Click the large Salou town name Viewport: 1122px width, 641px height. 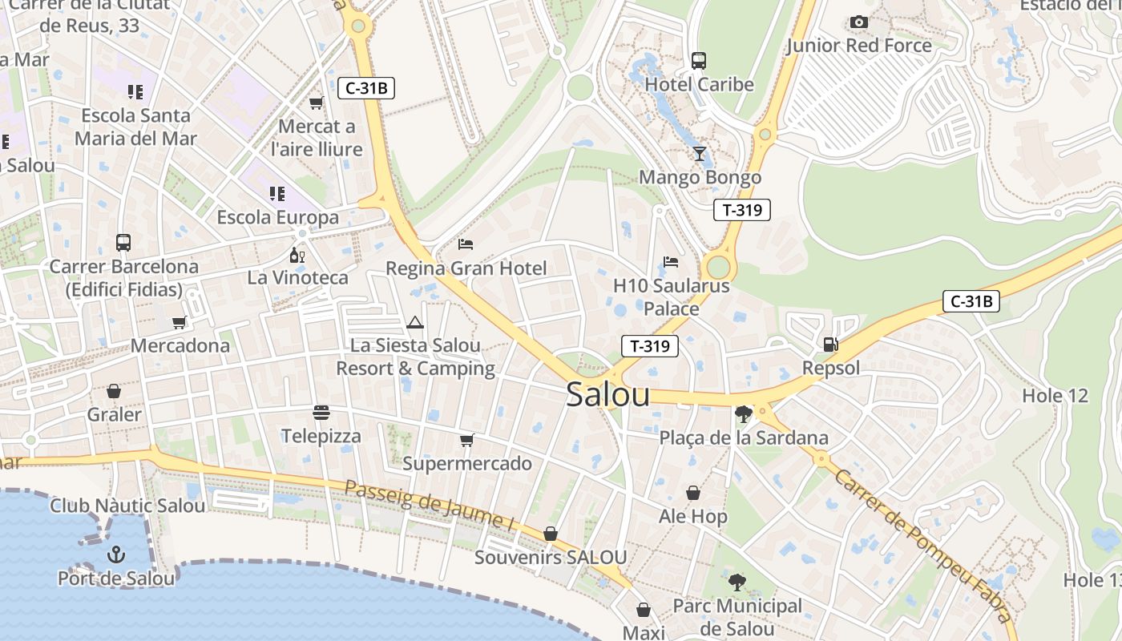(607, 395)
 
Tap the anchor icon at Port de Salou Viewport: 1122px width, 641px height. (116, 554)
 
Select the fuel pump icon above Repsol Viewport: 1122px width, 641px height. (831, 345)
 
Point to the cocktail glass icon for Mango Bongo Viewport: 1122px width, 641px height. (700, 153)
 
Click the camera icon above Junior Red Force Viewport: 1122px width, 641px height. (859, 22)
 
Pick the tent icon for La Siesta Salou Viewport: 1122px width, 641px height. (414, 323)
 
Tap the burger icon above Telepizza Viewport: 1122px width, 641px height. (321, 413)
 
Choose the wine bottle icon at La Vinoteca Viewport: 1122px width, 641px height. (297, 256)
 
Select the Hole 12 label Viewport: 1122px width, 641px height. (1055, 396)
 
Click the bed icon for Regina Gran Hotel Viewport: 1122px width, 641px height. (466, 244)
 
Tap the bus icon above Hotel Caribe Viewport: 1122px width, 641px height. (699, 61)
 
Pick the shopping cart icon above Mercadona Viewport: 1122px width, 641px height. (180, 322)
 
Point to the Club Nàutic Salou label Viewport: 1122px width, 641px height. (127, 506)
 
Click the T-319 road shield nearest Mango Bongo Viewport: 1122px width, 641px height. (741, 210)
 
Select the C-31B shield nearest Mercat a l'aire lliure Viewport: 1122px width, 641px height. (366, 88)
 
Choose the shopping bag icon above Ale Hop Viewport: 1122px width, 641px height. (693, 493)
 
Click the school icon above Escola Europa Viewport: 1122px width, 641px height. (277, 193)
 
